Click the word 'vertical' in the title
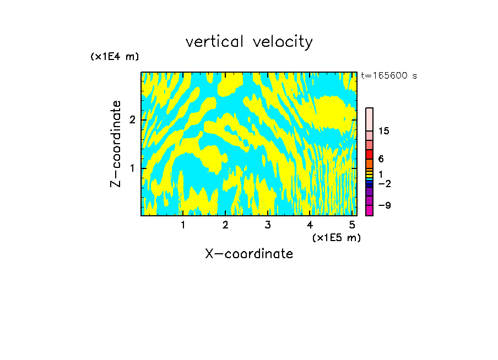[x=212, y=42]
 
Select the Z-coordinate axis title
[x=116, y=144]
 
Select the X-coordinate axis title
[x=249, y=254]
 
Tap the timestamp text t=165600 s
[x=389, y=75]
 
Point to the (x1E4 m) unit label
[x=115, y=56]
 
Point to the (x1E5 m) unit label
[x=336, y=237]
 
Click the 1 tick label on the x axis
[x=183, y=225]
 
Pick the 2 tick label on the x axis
[x=225, y=225]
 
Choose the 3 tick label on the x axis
[x=267, y=225]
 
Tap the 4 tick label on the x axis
[x=310, y=225]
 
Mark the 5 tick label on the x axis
[x=351, y=225]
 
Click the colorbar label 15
[x=385, y=131]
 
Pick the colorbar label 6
[x=381, y=159]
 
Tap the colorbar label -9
[x=385, y=205]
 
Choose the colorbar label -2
[x=385, y=183]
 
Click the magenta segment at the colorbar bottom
[x=370, y=210]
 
